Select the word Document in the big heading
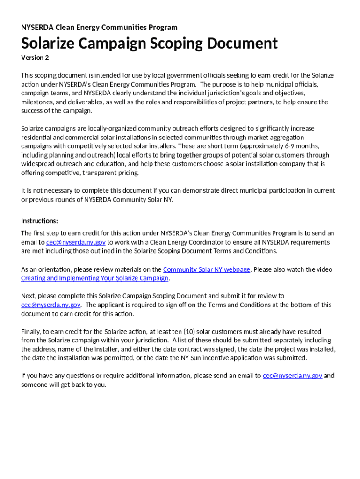(x=239, y=44)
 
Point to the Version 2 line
(x=35, y=58)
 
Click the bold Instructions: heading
(x=40, y=221)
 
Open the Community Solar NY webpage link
(x=206, y=269)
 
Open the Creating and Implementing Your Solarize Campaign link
(x=94, y=278)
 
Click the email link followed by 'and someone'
(x=292, y=376)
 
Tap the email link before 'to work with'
(x=76, y=242)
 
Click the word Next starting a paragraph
(x=28, y=296)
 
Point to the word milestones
(x=37, y=102)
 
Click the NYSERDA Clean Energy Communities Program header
(x=99, y=27)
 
